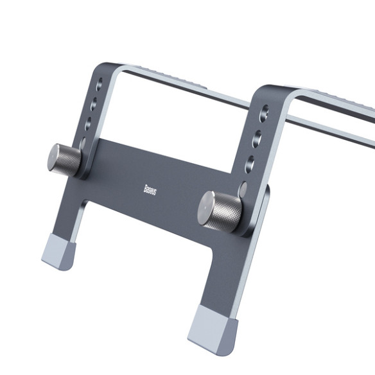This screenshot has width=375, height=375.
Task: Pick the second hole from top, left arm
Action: pyautogui.click(x=95, y=103)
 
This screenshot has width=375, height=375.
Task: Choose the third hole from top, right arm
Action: pyautogui.click(x=252, y=161)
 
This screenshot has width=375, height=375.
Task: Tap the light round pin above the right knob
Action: pyautogui.click(x=243, y=188)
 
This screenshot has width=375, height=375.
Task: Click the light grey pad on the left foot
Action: pyautogui.click(x=58, y=252)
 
